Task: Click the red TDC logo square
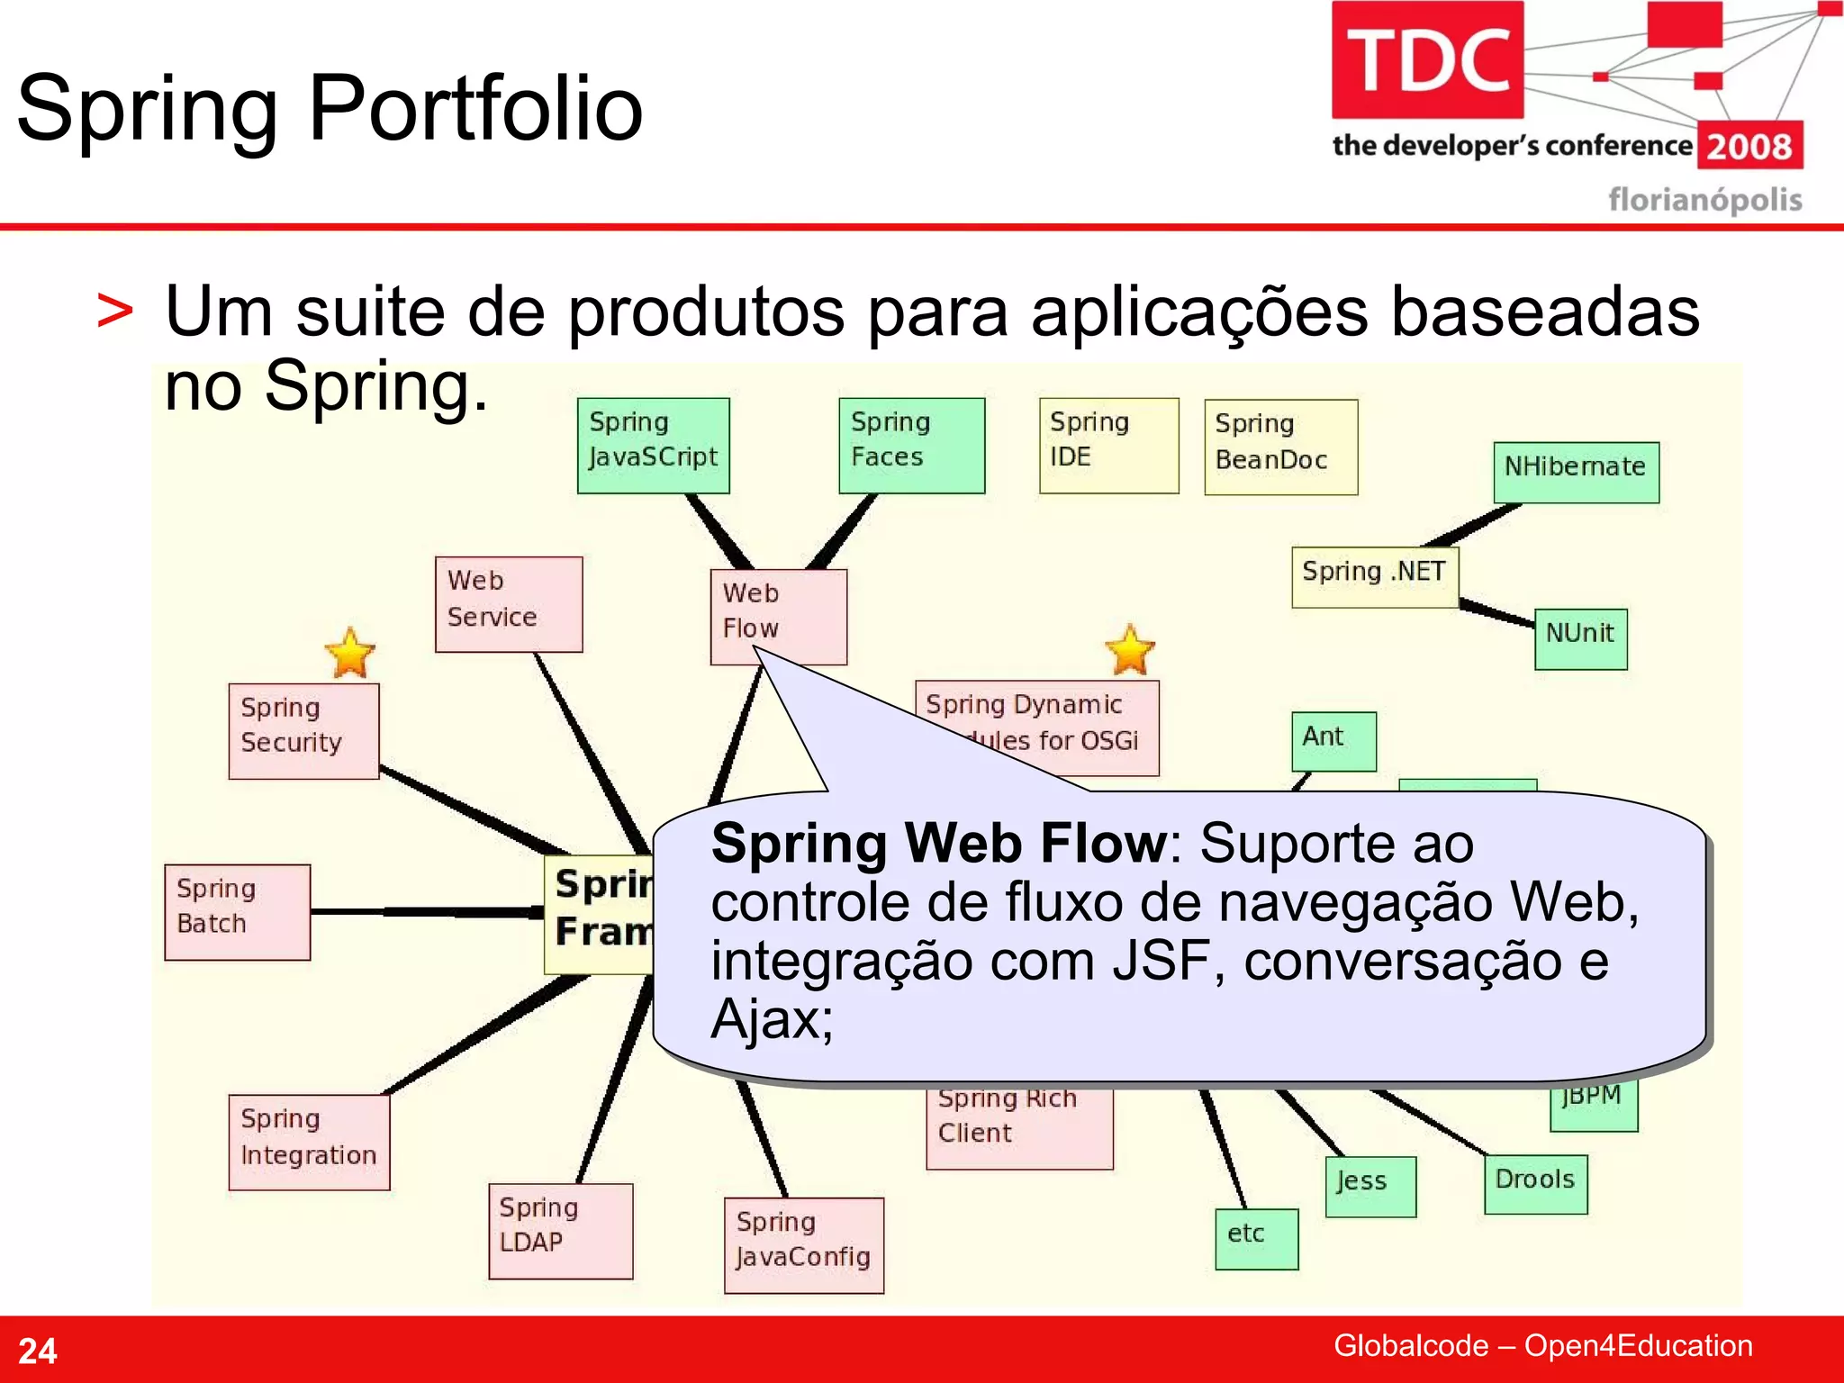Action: point(1427,59)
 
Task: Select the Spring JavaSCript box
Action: point(653,445)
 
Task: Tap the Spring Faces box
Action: point(911,445)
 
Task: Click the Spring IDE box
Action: point(1108,445)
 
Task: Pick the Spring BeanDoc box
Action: point(1280,447)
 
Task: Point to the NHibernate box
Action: point(1576,472)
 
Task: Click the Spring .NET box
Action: point(1374,576)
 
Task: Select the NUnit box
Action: point(1580,638)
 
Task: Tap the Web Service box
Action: point(509,603)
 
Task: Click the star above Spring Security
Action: point(349,653)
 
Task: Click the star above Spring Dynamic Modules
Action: point(1129,649)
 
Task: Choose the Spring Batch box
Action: point(238,911)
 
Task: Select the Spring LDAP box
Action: point(560,1230)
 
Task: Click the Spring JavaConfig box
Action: point(803,1244)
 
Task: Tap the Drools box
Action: point(1535,1184)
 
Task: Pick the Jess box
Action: point(1370,1186)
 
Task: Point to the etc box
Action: point(1256,1238)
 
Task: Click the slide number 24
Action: point(38,1351)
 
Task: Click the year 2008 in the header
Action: point(1749,147)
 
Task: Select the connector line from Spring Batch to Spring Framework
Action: point(428,912)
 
